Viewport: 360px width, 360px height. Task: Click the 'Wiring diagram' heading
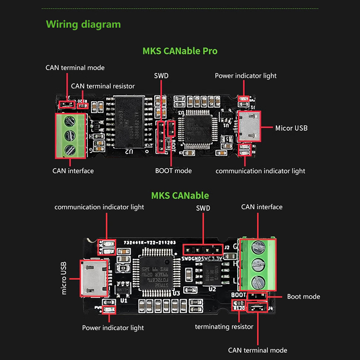[x=83, y=24]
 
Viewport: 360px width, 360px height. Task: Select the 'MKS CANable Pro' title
[x=180, y=51]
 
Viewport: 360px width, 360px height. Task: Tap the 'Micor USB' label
[x=291, y=128]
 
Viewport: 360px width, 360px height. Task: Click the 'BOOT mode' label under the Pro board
[x=173, y=171]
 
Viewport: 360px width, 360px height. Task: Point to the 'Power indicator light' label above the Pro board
[x=246, y=76]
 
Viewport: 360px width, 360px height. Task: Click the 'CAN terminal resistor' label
[x=103, y=86]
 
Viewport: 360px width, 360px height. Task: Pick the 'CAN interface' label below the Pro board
[x=73, y=171]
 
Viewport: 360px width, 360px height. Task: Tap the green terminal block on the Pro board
[x=70, y=135]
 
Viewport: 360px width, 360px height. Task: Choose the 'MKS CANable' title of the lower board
[x=180, y=196]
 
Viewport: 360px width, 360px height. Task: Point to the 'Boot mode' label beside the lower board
[x=303, y=297]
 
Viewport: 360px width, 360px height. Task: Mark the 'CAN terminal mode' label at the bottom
[x=257, y=350]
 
